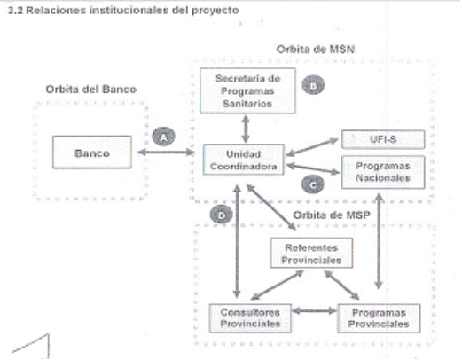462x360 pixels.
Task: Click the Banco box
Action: click(x=92, y=153)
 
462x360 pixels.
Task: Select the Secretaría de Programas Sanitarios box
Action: click(x=247, y=90)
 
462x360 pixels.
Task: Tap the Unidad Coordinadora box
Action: click(x=244, y=160)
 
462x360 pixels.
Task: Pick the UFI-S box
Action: click(x=383, y=139)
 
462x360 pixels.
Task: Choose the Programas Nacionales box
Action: click(x=383, y=172)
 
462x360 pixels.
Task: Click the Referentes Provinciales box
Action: click(x=311, y=253)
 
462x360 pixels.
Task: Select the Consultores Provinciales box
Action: click(x=250, y=318)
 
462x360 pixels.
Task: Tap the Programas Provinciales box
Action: click(x=379, y=318)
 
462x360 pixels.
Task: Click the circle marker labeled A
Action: click(x=164, y=137)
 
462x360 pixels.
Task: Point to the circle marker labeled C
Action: click(x=313, y=184)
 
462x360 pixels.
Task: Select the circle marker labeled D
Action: click(x=222, y=215)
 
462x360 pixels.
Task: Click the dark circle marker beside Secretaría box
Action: click(x=313, y=85)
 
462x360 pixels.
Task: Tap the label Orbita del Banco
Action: click(x=91, y=90)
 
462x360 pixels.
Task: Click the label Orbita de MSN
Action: click(x=316, y=49)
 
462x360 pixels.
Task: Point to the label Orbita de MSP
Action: click(x=332, y=215)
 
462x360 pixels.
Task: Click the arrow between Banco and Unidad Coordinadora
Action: click(x=166, y=153)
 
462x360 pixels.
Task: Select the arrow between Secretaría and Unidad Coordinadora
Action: click(x=246, y=129)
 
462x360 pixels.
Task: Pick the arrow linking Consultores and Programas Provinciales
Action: click(x=315, y=310)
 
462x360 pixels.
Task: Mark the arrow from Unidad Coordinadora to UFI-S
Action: click(x=312, y=147)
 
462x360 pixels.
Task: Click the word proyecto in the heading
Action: click(x=215, y=11)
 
